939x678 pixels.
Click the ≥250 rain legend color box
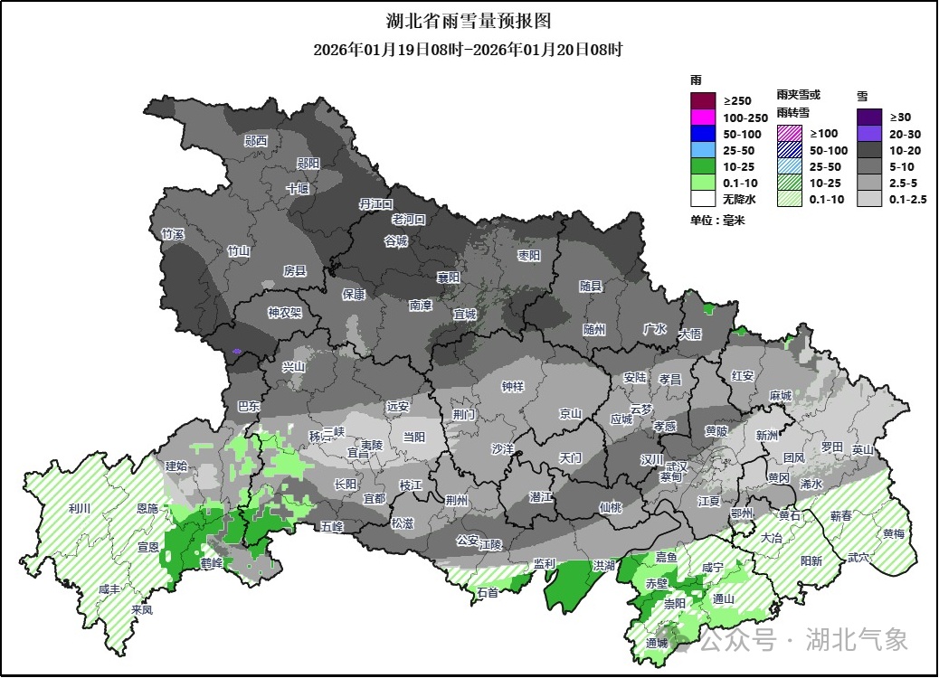(x=703, y=99)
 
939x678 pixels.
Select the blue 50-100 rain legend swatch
(x=703, y=133)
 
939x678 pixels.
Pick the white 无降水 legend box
(x=703, y=199)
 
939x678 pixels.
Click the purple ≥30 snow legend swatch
(x=869, y=117)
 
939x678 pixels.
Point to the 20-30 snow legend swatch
(x=869, y=133)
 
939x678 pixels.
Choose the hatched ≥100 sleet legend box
(x=789, y=133)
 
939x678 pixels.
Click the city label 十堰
(x=298, y=189)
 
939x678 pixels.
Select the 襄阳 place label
(x=449, y=277)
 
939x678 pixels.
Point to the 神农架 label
(x=284, y=313)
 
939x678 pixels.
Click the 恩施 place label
(x=147, y=511)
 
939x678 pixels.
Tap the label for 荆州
(x=457, y=500)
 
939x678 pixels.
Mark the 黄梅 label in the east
(x=893, y=533)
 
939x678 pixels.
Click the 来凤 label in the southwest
(x=141, y=609)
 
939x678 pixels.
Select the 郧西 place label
(x=256, y=141)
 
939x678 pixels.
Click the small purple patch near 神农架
(x=237, y=351)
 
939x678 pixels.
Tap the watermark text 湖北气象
(x=857, y=640)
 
